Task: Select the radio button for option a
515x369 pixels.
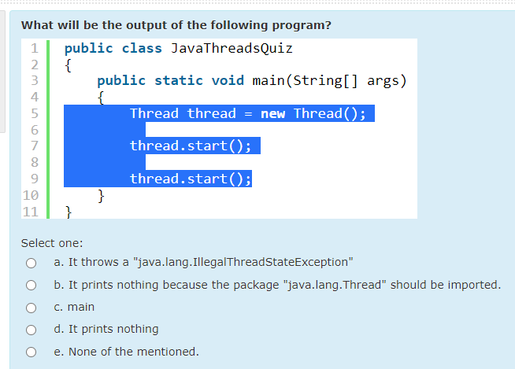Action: [31, 263]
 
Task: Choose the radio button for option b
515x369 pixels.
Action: [31, 285]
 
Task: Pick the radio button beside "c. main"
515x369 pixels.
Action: [31, 307]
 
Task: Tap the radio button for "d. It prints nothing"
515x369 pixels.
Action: [31, 329]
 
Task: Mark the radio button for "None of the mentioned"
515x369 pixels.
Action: [31, 352]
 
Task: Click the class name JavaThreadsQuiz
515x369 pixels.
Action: [232, 48]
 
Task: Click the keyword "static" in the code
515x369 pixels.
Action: [179, 80]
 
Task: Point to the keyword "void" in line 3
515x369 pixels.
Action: [228, 80]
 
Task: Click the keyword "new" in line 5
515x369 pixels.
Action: [272, 113]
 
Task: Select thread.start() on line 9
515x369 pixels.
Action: [190, 179]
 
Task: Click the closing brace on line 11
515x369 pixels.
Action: [69, 211]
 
